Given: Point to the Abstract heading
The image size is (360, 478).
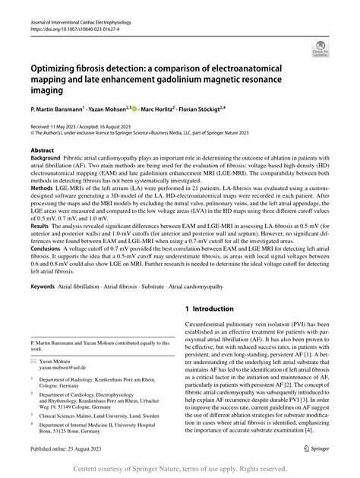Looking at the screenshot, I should point(43,151).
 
